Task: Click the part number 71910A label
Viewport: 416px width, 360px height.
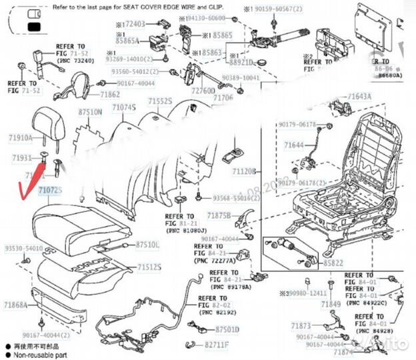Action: tap(21, 138)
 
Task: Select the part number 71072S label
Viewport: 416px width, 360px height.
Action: tap(50, 191)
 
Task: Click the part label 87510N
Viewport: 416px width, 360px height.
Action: tap(90, 113)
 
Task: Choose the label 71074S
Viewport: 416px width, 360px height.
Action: tap(124, 107)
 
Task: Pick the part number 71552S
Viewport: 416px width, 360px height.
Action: tap(160, 101)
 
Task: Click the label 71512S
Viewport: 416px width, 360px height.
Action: tap(149, 267)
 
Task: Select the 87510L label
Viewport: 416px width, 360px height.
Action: tap(148, 245)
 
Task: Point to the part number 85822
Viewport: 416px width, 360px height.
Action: tap(334, 263)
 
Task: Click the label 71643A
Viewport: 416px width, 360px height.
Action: tap(359, 97)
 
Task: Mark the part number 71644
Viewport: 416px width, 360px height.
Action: tap(293, 145)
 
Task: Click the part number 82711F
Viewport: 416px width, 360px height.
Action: tap(217, 345)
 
